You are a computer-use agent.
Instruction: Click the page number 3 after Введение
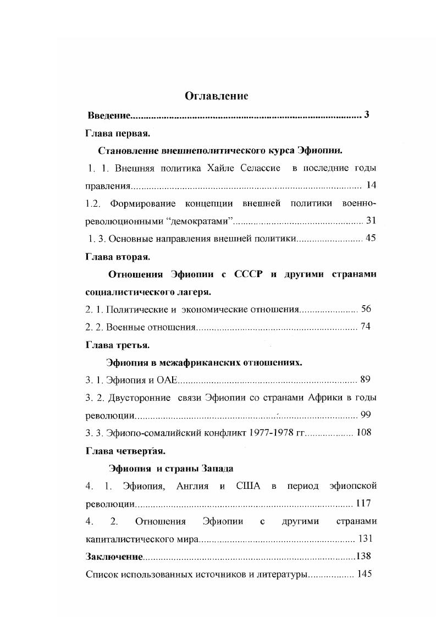pyautogui.click(x=366, y=115)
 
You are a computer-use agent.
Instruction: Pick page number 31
pyautogui.click(x=371, y=221)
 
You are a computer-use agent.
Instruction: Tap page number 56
pyautogui.click(x=366, y=309)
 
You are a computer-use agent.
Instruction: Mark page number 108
pyautogui.click(x=364, y=432)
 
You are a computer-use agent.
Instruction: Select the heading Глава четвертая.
pyautogui.click(x=126, y=450)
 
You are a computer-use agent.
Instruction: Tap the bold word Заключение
pyautogui.click(x=114, y=557)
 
